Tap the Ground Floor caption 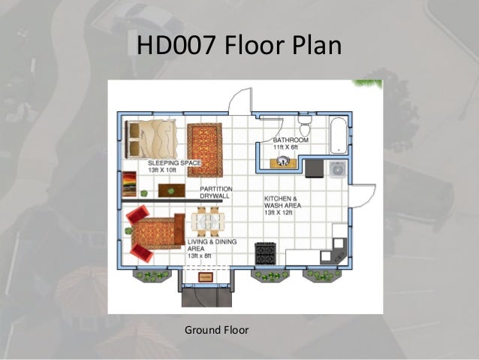[x=216, y=330]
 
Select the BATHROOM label [x=291, y=140]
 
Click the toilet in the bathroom [x=305, y=126]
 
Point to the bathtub [x=339, y=135]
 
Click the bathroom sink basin [x=283, y=161]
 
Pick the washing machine [x=338, y=169]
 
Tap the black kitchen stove [x=266, y=253]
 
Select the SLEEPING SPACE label [x=174, y=163]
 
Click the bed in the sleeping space [x=151, y=139]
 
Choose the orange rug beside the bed [x=205, y=150]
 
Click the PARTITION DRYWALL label [x=216, y=192]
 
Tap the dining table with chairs [x=208, y=222]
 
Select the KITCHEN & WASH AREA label [x=282, y=202]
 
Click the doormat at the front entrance [x=205, y=277]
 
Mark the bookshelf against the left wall [x=129, y=184]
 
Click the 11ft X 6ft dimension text [x=285, y=147]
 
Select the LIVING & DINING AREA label [x=212, y=245]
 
